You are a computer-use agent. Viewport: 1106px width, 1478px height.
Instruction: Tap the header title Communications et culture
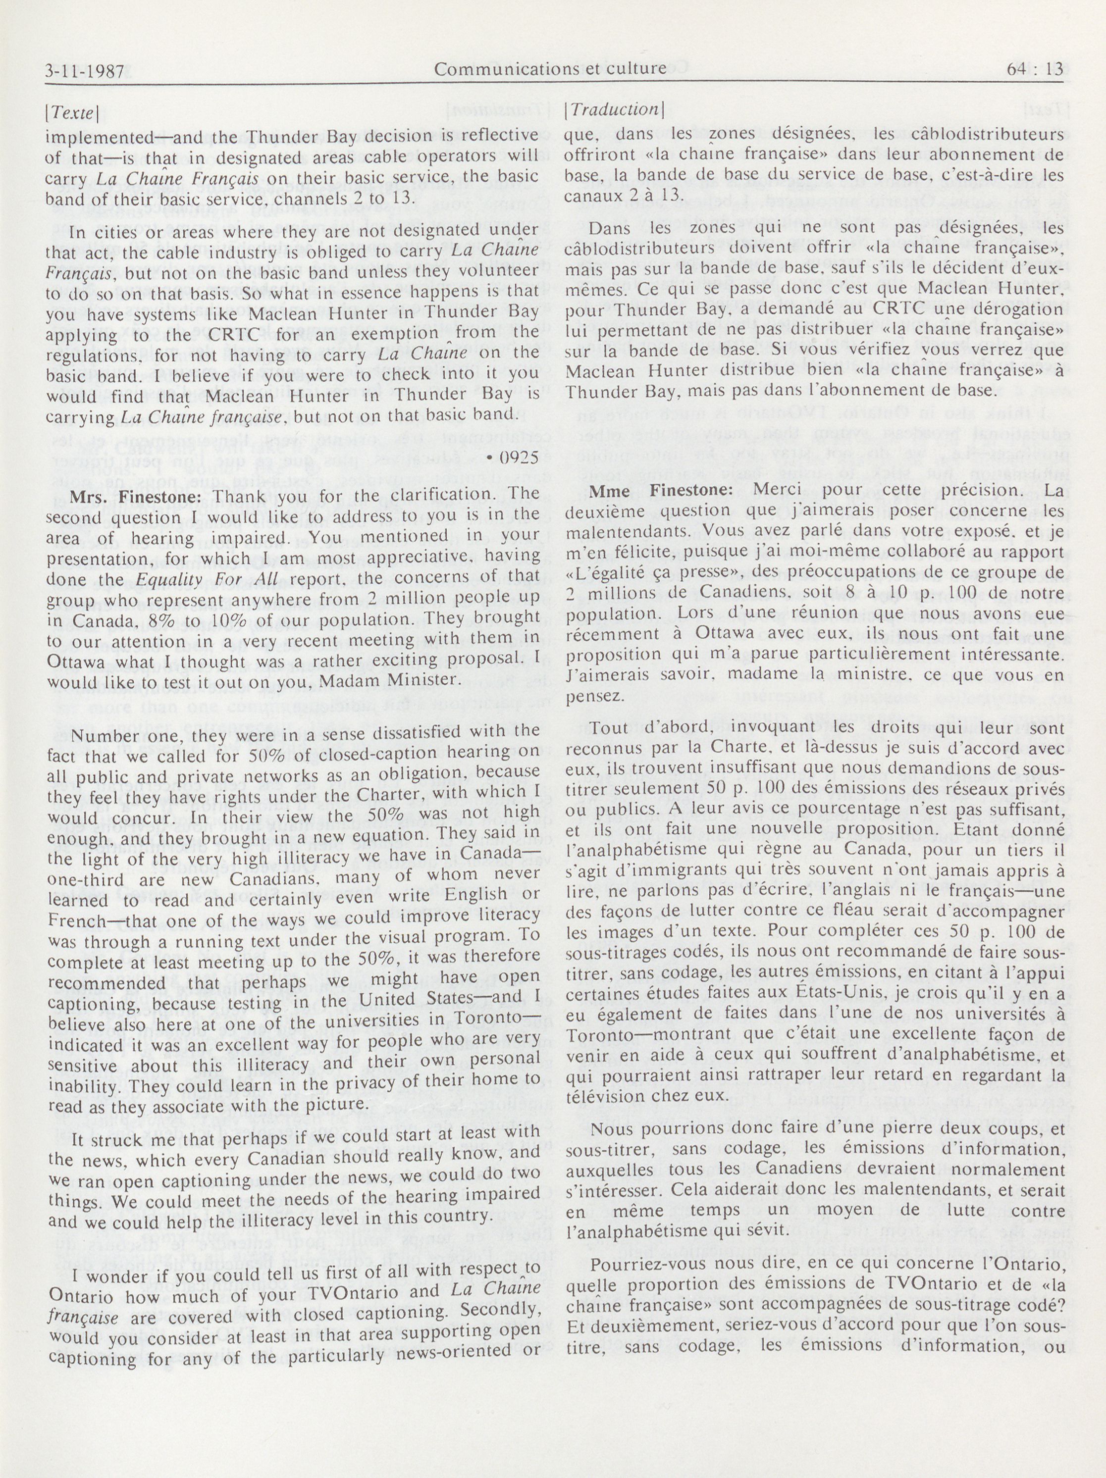pyautogui.click(x=549, y=68)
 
